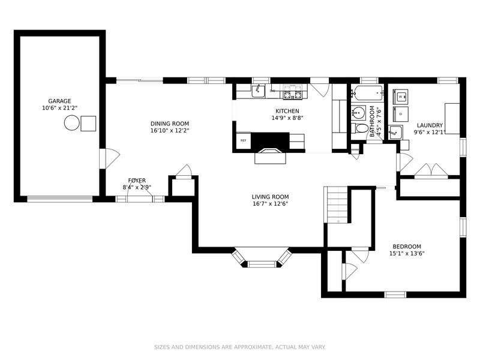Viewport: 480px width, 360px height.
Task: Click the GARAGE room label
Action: coord(59,101)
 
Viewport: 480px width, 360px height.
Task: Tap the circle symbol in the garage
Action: coord(72,123)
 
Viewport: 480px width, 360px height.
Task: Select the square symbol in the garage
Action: coord(88,124)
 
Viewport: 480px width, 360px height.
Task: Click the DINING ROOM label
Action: coord(170,124)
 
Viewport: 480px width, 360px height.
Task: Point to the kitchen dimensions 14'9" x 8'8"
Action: coord(287,118)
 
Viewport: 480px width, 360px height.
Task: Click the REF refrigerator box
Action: coord(244,140)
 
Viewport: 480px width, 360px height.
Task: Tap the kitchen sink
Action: coord(259,91)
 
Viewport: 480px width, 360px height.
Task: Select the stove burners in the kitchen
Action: coord(292,92)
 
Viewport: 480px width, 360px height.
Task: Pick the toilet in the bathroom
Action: coord(359,128)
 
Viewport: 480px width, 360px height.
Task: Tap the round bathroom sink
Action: coord(358,113)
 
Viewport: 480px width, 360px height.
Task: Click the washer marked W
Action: coord(400,97)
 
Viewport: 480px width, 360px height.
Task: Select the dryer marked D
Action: coord(400,114)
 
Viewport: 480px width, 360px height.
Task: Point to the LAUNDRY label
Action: coord(430,125)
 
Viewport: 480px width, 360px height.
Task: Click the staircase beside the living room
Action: coord(336,205)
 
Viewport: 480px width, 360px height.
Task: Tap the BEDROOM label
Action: coord(407,247)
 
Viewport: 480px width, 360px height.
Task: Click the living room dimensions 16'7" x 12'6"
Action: coord(271,203)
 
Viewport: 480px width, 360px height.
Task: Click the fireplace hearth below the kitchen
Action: coord(271,156)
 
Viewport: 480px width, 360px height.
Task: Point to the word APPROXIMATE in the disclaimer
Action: coord(253,347)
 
